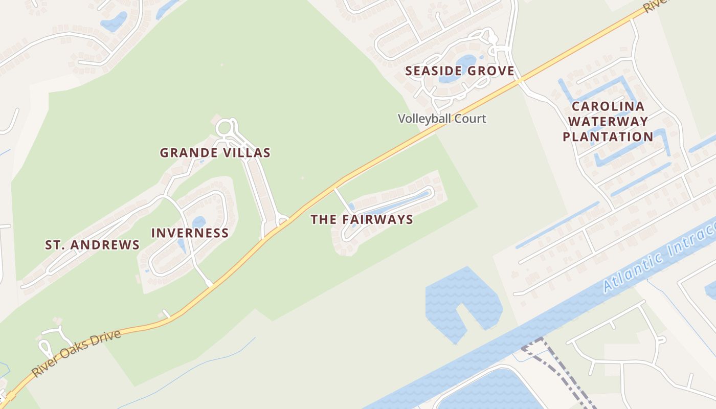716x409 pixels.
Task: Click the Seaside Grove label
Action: pos(460,71)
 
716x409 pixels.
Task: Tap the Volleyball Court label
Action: pos(442,119)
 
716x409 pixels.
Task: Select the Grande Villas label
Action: pos(215,152)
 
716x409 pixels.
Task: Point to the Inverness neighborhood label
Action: pos(190,233)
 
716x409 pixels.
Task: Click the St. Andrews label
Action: pos(92,245)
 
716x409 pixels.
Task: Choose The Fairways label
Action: pos(362,220)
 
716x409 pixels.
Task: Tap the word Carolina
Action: pos(608,107)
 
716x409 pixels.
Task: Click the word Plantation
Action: pos(608,137)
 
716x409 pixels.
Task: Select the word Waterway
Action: pos(608,122)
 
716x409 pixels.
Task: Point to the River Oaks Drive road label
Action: pos(77,353)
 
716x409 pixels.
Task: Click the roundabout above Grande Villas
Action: pos(226,128)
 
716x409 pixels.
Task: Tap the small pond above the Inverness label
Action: pos(199,222)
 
